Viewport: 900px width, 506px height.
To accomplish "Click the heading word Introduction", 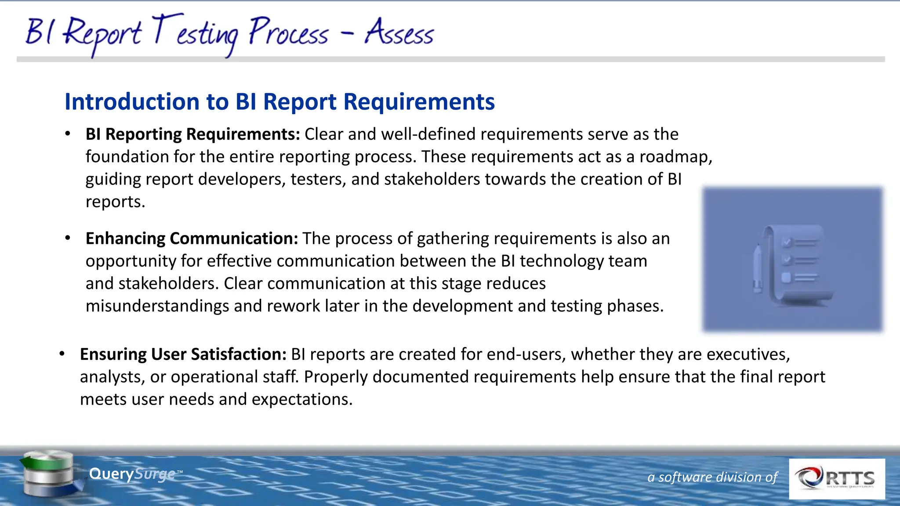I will (x=132, y=101).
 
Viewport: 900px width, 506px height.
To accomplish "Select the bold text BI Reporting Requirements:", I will (x=192, y=134).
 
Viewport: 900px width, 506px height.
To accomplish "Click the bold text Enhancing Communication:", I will (x=192, y=238).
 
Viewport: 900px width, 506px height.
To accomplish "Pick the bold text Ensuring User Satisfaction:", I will (x=183, y=354).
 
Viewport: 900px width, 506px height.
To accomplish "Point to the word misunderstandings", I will (x=157, y=306).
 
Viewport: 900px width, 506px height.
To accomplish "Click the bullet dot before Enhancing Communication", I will (x=68, y=238).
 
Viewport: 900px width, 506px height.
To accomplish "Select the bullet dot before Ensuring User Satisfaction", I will (x=62, y=354).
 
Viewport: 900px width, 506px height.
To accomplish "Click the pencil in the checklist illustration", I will (x=758, y=268).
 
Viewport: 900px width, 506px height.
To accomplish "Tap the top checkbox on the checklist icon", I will (x=787, y=242).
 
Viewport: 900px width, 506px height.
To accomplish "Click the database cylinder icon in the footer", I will (x=49, y=473).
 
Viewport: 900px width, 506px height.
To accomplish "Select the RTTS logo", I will (x=836, y=478).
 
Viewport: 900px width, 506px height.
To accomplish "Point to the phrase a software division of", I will (x=712, y=477).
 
